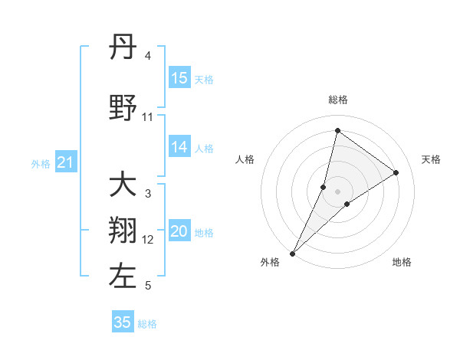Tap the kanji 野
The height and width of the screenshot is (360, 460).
click(123, 110)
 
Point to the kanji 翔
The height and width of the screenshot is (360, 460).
click(123, 231)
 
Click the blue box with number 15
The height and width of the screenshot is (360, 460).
click(179, 78)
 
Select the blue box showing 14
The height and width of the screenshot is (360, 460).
click(179, 147)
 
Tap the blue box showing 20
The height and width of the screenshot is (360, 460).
click(179, 231)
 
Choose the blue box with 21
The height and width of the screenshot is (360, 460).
click(66, 162)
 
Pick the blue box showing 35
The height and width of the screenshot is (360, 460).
click(123, 322)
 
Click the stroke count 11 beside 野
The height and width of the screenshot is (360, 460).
click(147, 117)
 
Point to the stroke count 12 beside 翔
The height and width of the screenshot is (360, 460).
click(148, 240)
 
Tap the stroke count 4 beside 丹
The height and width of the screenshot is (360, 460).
click(148, 56)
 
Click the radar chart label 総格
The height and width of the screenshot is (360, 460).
click(337, 100)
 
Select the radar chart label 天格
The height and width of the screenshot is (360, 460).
click(431, 159)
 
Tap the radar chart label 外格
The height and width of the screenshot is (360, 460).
click(269, 262)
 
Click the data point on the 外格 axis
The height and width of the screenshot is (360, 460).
click(292, 253)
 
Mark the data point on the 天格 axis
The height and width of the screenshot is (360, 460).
click(396, 173)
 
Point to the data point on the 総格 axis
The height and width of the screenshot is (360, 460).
click(337, 130)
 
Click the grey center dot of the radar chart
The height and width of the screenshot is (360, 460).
click(337, 191)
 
